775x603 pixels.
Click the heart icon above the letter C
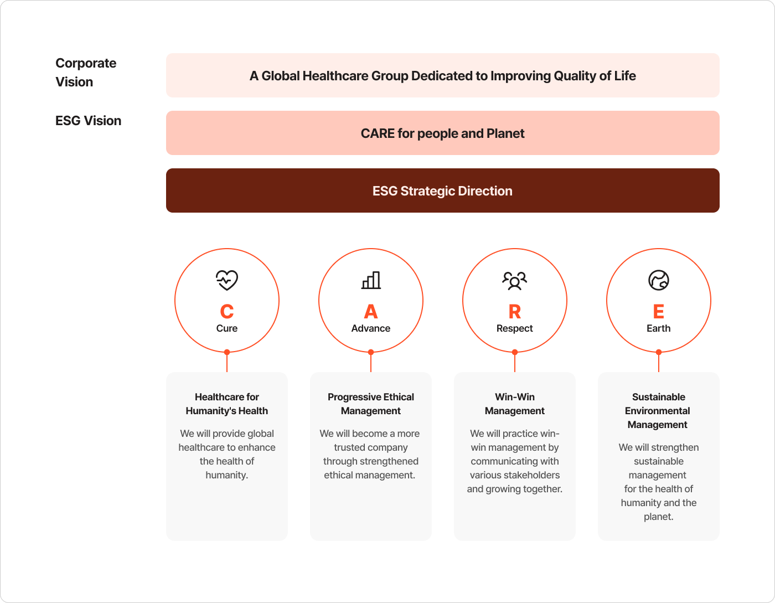(227, 280)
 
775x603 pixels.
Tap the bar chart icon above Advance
(371, 280)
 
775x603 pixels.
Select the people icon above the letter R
(515, 280)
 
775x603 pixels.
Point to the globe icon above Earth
(659, 280)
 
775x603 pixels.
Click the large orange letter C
(227, 312)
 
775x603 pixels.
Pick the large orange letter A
(371, 312)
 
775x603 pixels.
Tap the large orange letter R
(515, 312)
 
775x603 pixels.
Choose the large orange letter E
(659, 312)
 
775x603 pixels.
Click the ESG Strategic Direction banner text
(442, 191)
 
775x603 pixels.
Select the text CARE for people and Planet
(442, 133)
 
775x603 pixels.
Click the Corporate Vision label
(86, 73)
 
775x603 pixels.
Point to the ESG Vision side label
(89, 121)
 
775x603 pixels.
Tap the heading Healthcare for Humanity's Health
(227, 404)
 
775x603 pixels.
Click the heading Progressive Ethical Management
(371, 404)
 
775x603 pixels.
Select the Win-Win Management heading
(515, 404)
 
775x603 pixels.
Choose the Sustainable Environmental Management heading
(658, 411)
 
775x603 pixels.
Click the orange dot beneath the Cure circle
(227, 352)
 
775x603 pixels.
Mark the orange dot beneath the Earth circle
(659, 352)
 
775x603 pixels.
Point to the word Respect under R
(515, 328)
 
